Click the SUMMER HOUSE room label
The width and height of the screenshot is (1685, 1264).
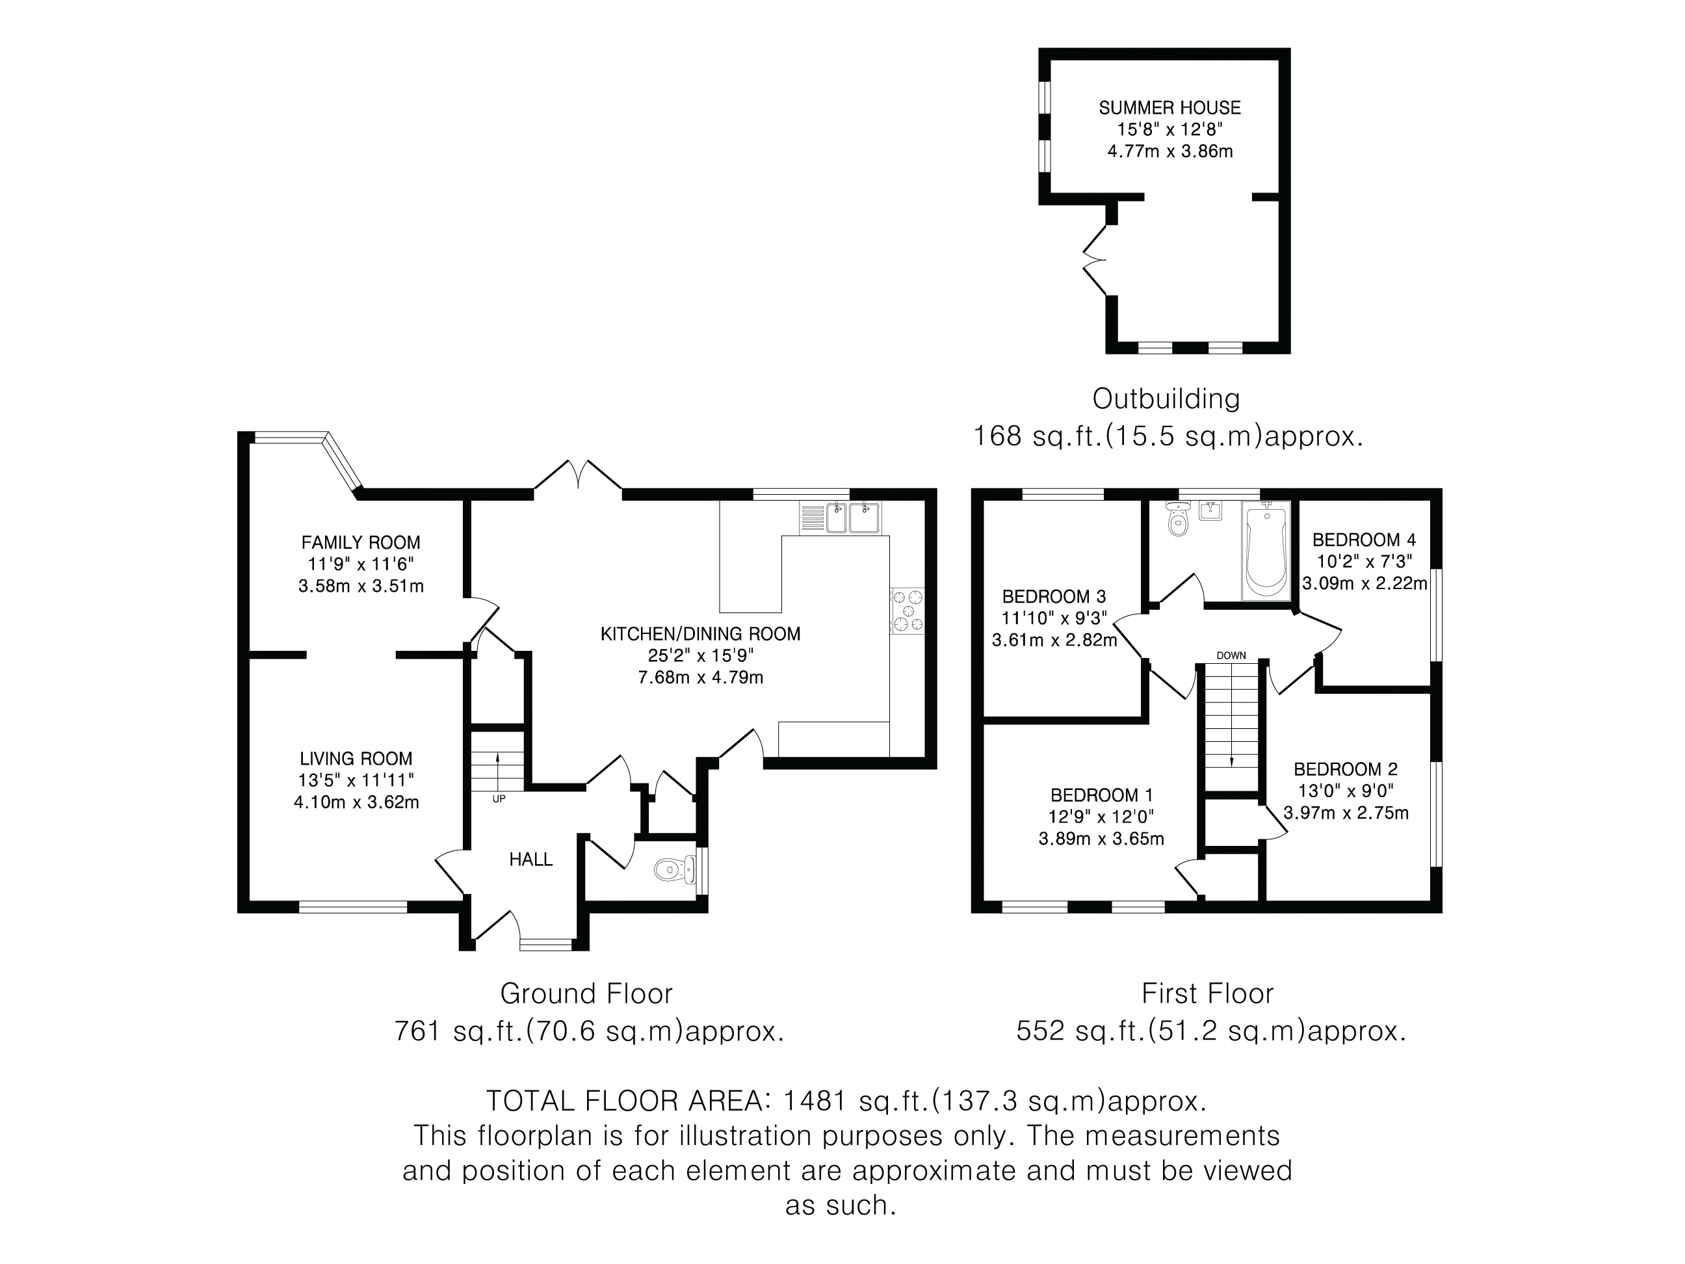[x=1169, y=108]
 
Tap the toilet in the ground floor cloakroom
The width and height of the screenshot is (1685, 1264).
[x=674, y=868]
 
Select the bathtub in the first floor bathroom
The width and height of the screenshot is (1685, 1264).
[x=1266, y=551]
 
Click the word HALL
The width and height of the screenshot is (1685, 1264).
[x=531, y=860]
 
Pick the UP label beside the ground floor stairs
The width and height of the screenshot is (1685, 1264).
[x=499, y=799]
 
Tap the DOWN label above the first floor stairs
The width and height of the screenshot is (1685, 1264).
[x=1231, y=655]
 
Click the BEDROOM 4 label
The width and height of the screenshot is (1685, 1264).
[x=1364, y=540]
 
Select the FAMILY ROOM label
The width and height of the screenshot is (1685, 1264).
[x=360, y=542]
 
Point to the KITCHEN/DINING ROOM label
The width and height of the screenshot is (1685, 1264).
[x=700, y=634]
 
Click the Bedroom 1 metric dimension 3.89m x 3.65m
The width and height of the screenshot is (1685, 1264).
[x=1101, y=839]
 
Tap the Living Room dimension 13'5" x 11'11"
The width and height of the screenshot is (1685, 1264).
[x=356, y=780]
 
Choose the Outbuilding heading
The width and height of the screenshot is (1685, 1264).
[x=1166, y=399]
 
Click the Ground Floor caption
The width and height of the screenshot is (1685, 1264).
[x=586, y=994]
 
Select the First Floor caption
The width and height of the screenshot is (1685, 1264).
[x=1207, y=994]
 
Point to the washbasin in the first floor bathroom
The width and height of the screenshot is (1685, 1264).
[x=1210, y=510]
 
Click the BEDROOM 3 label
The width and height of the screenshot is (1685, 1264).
[x=1054, y=597]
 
